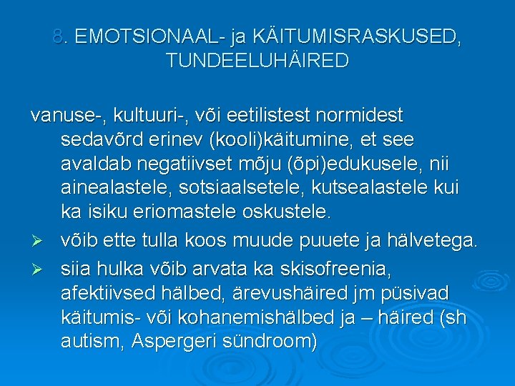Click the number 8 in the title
click(58, 37)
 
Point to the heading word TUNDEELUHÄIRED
click(257, 61)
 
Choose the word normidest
click(364, 115)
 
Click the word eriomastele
click(172, 212)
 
